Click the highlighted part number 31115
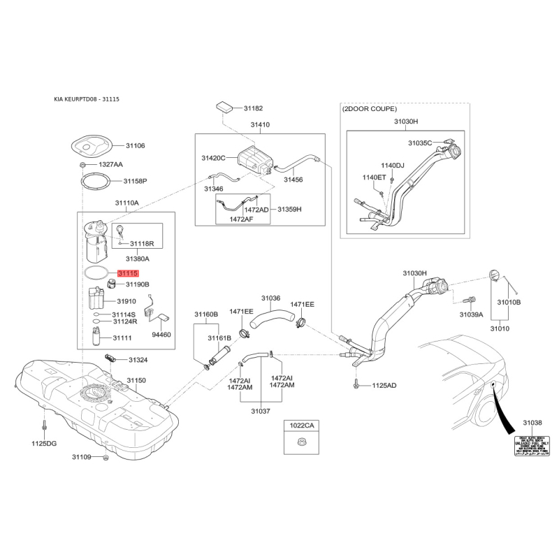(128, 275)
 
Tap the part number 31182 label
(253, 109)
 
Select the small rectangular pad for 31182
(225, 106)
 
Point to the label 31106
(136, 145)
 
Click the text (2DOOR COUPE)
(370, 109)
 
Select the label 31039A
(471, 315)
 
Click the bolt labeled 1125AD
(358, 384)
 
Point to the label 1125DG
(43, 443)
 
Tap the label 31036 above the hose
(271, 298)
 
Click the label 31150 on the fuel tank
(136, 380)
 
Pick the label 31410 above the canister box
(260, 125)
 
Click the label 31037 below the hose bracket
(260, 412)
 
